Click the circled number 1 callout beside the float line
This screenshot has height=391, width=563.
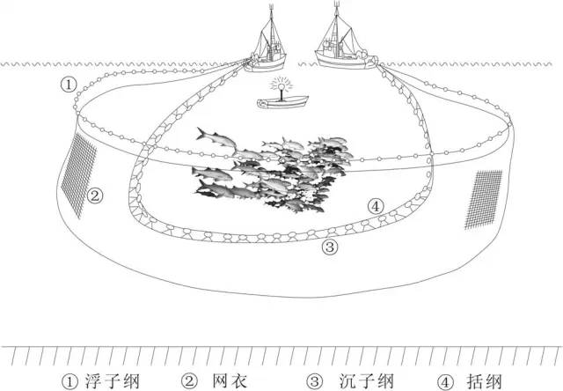[69, 85]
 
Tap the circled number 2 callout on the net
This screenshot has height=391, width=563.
[95, 196]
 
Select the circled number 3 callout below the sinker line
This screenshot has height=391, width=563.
[330, 247]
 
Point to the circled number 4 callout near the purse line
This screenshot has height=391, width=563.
[376, 207]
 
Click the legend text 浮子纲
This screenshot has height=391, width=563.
[112, 381]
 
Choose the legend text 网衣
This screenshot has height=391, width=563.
[230, 381]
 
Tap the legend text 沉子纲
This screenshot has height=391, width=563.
[366, 381]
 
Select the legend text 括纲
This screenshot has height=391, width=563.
[484, 381]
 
